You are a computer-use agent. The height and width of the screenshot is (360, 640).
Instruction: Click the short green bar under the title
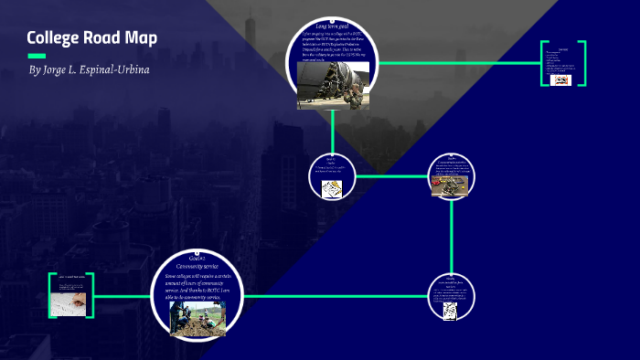pyautogui.click(x=36, y=56)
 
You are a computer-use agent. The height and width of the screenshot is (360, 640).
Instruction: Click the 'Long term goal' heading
pyautogui.click(x=333, y=26)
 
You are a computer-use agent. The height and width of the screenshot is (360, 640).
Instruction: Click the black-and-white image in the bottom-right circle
pyautogui.click(x=451, y=311)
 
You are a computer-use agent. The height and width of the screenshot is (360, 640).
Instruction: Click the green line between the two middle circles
pyautogui.click(x=391, y=175)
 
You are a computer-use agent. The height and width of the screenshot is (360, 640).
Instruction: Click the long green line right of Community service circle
pyautogui.click(x=338, y=296)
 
